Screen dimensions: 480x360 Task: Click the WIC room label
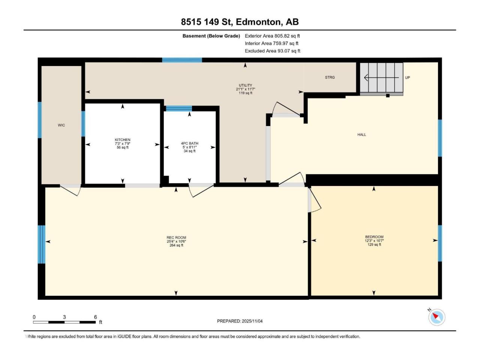(x=61, y=125)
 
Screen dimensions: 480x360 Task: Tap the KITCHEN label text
(x=123, y=139)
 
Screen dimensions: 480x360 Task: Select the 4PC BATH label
(x=190, y=143)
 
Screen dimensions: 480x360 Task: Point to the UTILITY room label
(x=245, y=85)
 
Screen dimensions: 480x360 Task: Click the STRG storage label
(x=330, y=77)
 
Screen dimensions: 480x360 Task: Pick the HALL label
(x=362, y=135)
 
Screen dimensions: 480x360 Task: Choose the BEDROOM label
(x=374, y=237)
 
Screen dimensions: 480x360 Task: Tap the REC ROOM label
(x=176, y=238)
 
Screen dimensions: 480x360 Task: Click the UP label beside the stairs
(x=407, y=78)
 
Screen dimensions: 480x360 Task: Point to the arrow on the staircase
(x=381, y=78)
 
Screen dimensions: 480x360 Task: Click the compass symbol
(x=436, y=317)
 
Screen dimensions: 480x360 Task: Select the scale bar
(x=64, y=322)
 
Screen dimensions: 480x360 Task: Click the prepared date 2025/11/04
(x=252, y=321)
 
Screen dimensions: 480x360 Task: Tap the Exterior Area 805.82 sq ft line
(x=272, y=36)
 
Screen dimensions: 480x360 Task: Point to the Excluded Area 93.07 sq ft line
(x=273, y=51)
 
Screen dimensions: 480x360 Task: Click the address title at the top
(x=240, y=22)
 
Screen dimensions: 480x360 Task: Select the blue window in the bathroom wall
(x=179, y=109)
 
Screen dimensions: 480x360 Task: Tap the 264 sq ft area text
(x=176, y=245)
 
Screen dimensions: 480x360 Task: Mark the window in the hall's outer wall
(x=440, y=138)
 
